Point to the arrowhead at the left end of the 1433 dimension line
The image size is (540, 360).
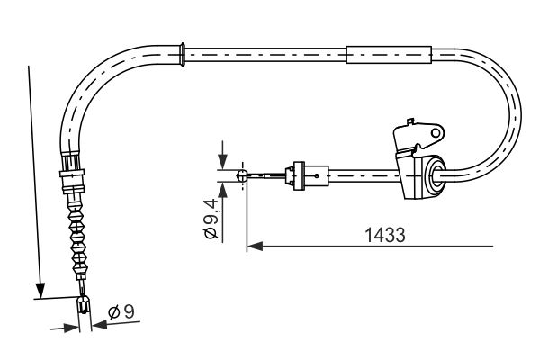254,244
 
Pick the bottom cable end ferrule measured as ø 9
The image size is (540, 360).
85,308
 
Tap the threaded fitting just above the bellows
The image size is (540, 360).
71,174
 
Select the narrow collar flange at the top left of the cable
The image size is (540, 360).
184,53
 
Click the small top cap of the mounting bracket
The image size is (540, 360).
409,120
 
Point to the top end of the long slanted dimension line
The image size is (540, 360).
30,67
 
